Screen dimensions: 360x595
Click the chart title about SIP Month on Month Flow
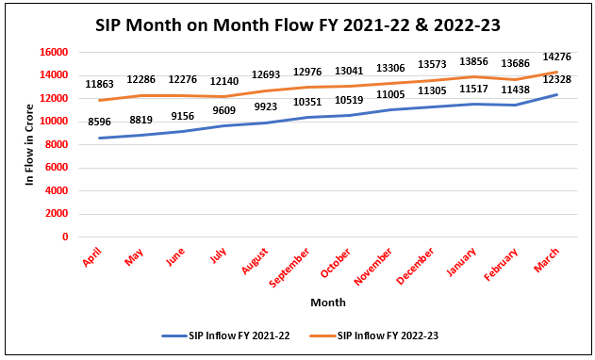click(x=296, y=25)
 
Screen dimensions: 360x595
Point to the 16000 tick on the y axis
click(x=55, y=52)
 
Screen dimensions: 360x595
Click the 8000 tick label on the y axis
click(x=58, y=144)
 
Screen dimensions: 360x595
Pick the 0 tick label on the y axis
click(x=66, y=237)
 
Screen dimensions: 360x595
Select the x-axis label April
click(x=92, y=255)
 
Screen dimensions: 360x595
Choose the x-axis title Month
click(x=327, y=303)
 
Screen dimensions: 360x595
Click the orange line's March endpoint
click(x=557, y=72)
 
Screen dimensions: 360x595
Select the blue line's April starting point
click(x=99, y=138)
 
